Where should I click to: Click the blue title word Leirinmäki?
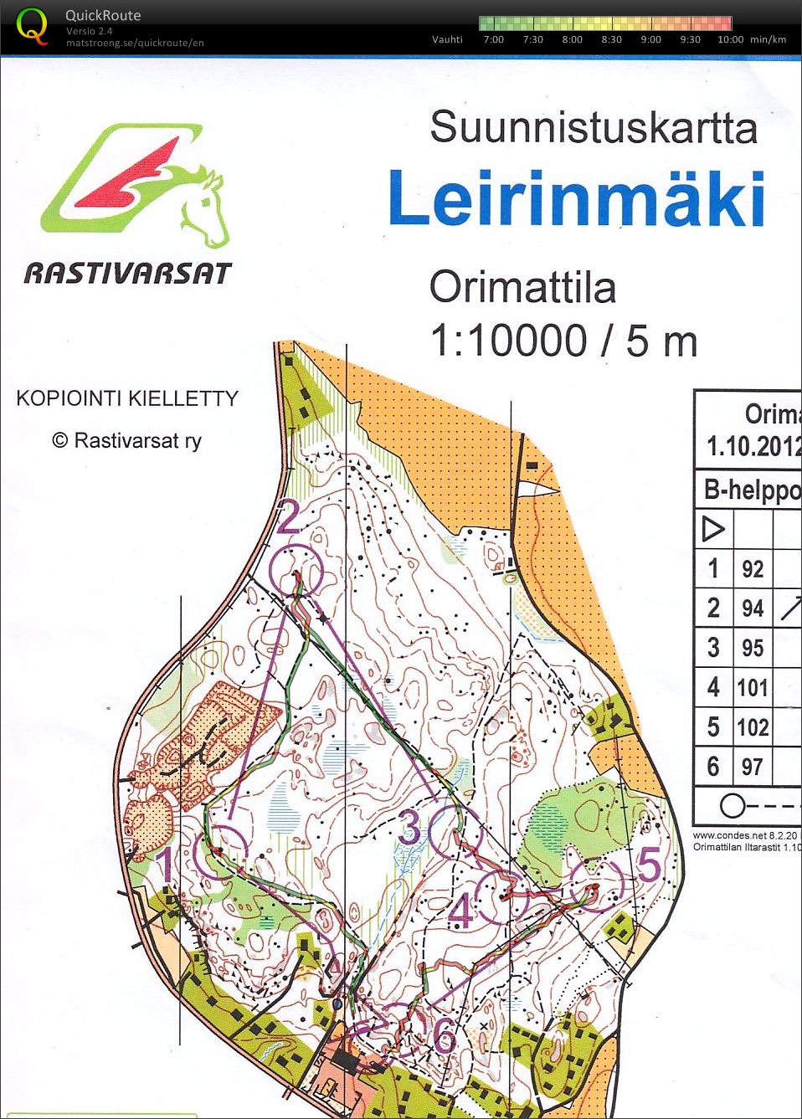pyautogui.click(x=576, y=199)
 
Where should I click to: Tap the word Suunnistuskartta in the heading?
pyautogui.click(x=593, y=128)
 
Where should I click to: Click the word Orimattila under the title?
pyautogui.click(x=522, y=288)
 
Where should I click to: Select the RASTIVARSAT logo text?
pyautogui.click(x=127, y=273)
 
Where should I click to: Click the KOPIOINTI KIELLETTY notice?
pyautogui.click(x=127, y=398)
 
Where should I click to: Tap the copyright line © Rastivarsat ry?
pyautogui.click(x=127, y=440)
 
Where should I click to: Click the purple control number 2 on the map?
pyautogui.click(x=288, y=517)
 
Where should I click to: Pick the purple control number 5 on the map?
pyautogui.click(x=650, y=865)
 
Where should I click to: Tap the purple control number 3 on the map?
pyautogui.click(x=409, y=828)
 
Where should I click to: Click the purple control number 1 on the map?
pyautogui.click(x=167, y=865)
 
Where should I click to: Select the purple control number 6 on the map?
pyautogui.click(x=445, y=1036)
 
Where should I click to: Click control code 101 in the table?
pyautogui.click(x=752, y=688)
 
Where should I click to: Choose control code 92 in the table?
pyautogui.click(x=752, y=569)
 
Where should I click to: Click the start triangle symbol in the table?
pyautogui.click(x=713, y=529)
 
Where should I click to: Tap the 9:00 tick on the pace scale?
pyautogui.click(x=650, y=39)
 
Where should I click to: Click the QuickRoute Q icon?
pyautogui.click(x=32, y=25)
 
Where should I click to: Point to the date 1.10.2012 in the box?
pyautogui.click(x=753, y=446)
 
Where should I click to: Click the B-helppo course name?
pyautogui.click(x=752, y=489)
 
